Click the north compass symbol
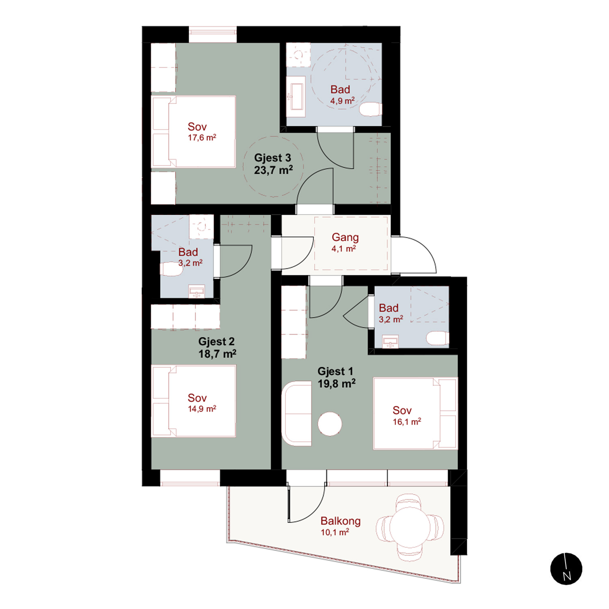point(566,568)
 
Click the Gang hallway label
point(345,237)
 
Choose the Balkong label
point(341,521)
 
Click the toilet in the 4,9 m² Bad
point(371,109)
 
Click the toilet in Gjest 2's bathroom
point(171,269)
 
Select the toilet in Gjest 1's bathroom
point(438,338)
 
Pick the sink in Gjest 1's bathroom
point(391,342)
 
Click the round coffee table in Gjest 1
point(330,424)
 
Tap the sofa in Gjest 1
point(297,413)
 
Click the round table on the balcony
point(410,527)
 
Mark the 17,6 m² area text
point(202,138)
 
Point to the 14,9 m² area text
point(202,409)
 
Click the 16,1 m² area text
point(407,422)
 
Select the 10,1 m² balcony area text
point(335,532)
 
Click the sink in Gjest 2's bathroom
point(197,292)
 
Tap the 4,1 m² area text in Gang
point(344,248)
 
